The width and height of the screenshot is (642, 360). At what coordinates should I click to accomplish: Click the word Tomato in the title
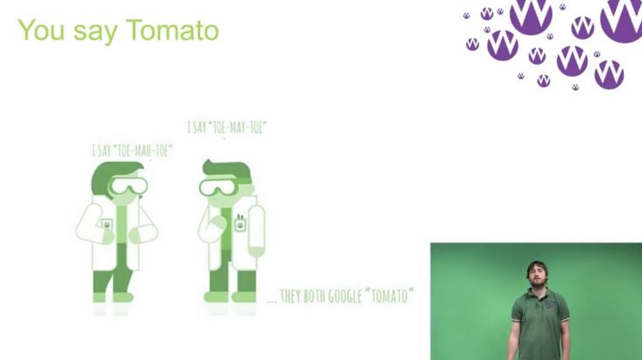(172, 30)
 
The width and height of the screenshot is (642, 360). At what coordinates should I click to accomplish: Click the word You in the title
(41, 30)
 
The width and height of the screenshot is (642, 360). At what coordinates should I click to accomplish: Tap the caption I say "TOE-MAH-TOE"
(132, 150)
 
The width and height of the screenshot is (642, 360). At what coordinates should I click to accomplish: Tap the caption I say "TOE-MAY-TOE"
(227, 127)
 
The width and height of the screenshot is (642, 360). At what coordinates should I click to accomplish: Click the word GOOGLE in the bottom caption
(343, 297)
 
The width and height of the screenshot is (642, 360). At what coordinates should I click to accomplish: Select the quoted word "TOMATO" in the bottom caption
(388, 296)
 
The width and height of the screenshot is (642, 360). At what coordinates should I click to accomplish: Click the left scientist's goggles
(128, 186)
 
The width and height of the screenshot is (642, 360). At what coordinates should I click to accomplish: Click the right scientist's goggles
(218, 187)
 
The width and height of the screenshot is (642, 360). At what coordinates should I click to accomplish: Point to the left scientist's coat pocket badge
(107, 224)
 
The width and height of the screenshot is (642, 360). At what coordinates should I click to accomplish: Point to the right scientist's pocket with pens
(240, 223)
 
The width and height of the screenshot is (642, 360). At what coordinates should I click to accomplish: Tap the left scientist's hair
(115, 176)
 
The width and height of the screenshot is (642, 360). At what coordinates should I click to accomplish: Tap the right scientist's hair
(227, 170)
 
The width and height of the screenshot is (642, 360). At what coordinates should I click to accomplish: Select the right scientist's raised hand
(217, 223)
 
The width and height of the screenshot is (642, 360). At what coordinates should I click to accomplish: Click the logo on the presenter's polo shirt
(550, 304)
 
